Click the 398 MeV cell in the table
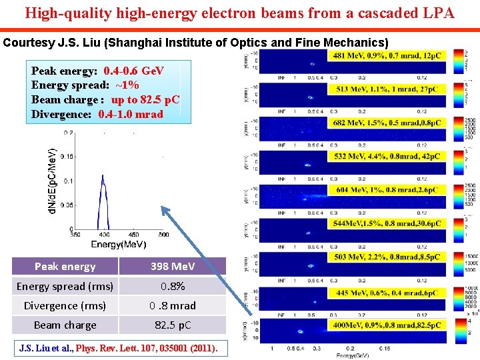coord(173,267)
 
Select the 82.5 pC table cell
coord(173,325)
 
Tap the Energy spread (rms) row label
coord(65,287)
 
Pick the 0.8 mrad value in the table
coord(173,306)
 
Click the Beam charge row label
coord(65,325)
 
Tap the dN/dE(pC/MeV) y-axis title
coord(52,181)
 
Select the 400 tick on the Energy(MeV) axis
coord(103,235)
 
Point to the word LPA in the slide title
coord(436,13)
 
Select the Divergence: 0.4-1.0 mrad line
coord(97,114)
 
